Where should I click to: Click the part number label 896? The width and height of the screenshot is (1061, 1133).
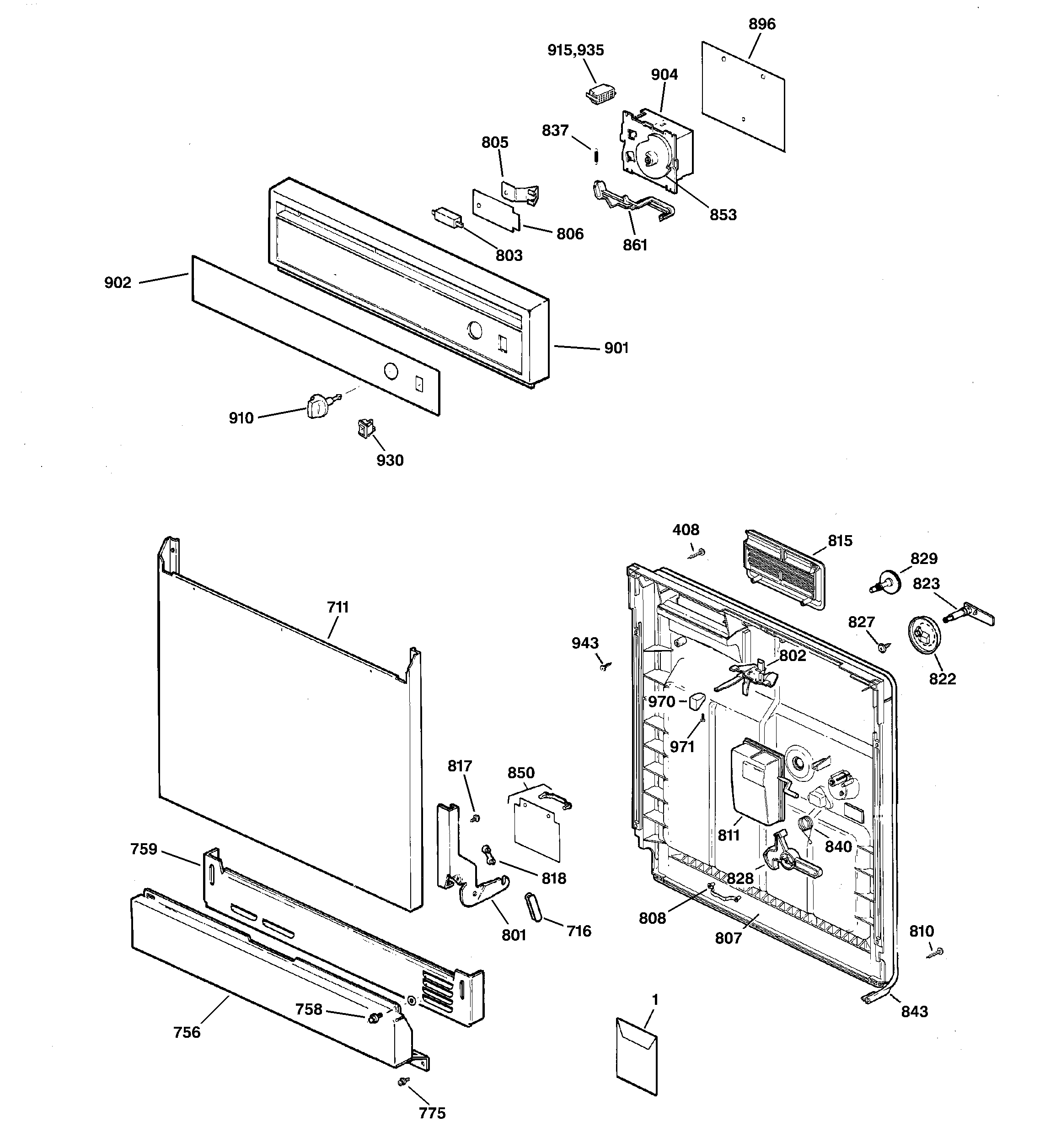761,24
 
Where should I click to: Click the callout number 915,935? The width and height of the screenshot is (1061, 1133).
575,50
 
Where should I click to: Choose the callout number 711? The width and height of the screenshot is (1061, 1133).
338,607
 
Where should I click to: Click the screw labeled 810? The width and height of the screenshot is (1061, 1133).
938,952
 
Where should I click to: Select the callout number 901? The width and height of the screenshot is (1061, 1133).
616,347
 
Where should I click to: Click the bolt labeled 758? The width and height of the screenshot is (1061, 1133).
374,1018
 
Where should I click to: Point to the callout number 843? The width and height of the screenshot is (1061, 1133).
914,1012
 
